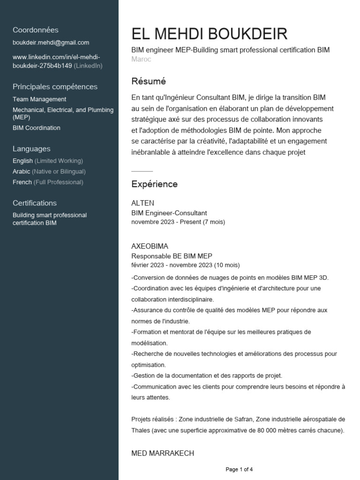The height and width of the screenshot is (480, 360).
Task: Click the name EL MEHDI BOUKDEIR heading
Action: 210,34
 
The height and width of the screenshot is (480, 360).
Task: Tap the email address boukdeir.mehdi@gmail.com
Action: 51,43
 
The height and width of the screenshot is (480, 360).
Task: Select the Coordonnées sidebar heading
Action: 36,30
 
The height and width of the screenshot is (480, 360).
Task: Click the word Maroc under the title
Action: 141,60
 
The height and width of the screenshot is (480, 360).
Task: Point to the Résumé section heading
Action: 149,81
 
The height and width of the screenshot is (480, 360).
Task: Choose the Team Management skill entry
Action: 39,99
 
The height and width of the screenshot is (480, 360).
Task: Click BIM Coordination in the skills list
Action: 37,128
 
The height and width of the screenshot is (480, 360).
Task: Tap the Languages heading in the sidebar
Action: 31,149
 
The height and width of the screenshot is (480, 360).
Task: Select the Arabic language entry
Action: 22,172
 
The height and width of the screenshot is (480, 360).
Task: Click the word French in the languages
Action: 22,182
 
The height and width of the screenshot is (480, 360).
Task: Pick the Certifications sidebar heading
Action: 35,203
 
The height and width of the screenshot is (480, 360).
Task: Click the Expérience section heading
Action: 154,184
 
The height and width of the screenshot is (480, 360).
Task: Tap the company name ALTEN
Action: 142,203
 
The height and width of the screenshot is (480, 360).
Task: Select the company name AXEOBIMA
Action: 150,246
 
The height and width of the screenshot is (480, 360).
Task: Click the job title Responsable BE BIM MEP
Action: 172,256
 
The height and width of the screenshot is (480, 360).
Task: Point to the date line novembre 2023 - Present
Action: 178,222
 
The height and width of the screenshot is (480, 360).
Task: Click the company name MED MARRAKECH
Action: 163,453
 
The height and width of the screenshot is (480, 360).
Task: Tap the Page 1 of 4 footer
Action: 239,469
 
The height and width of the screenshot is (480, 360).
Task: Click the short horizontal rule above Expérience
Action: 142,172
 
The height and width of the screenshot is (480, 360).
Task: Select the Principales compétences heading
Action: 55,87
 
